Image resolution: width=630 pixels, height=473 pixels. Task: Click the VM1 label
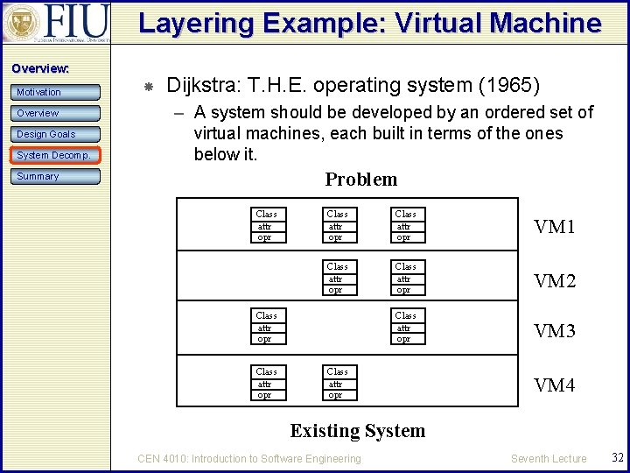point(555,227)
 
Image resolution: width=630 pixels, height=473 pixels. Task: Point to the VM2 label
point(555,281)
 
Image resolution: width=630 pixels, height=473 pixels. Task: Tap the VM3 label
point(555,331)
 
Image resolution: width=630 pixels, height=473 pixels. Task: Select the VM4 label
point(555,385)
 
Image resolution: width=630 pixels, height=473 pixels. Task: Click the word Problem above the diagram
point(360,180)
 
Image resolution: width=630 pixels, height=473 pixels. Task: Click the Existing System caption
point(357,431)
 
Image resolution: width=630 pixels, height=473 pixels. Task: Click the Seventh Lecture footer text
point(549,458)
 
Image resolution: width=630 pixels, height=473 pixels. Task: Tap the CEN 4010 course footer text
point(249,458)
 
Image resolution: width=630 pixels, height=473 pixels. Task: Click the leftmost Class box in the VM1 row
point(266,225)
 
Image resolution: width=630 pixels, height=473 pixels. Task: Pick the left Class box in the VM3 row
point(266,327)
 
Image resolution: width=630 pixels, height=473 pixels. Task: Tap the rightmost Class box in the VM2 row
point(405,278)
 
